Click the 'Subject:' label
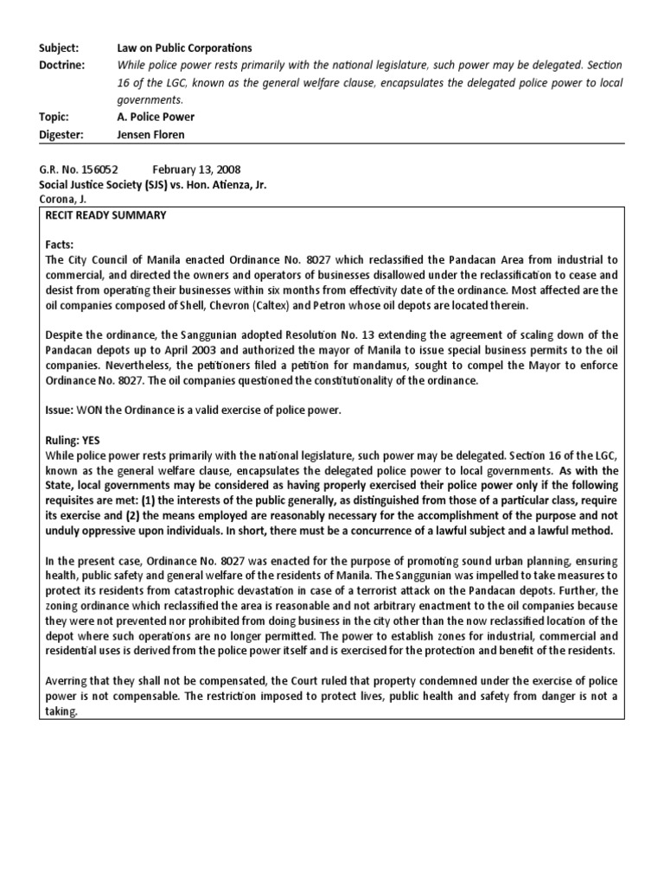point(58,48)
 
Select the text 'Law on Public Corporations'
point(184,48)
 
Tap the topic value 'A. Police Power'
point(156,117)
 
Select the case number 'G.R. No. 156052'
point(78,169)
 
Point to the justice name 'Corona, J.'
point(62,199)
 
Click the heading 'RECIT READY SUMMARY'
point(105,215)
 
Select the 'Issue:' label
point(59,411)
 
